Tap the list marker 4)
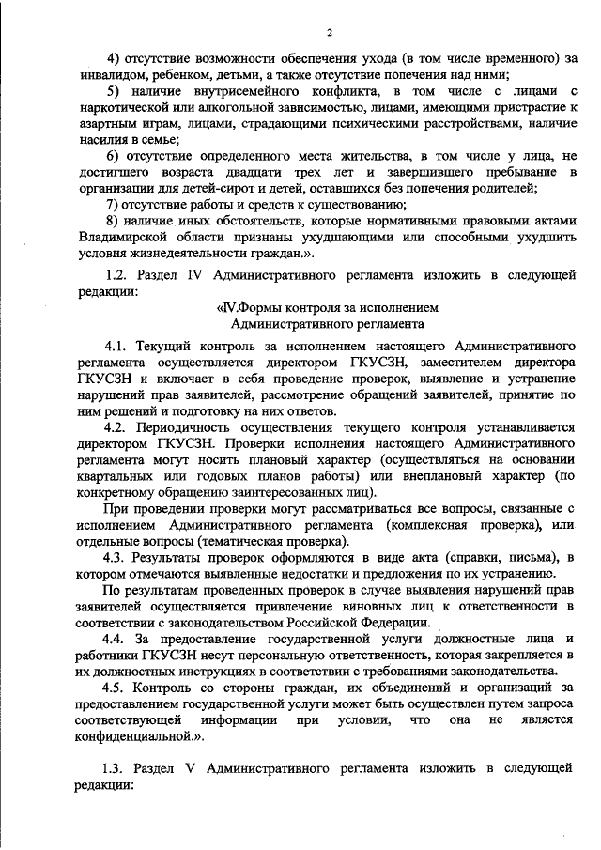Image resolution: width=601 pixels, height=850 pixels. click(x=113, y=59)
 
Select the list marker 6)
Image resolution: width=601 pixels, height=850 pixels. click(x=113, y=155)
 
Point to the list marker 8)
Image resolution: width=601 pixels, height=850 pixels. click(x=113, y=221)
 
